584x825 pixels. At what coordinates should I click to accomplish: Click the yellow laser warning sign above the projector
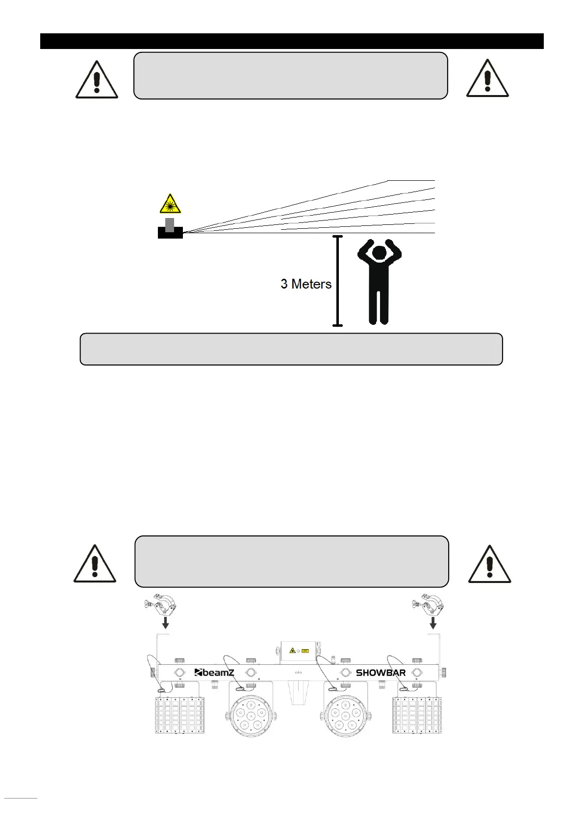point(170,204)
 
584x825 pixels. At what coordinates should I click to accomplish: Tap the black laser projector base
point(170,233)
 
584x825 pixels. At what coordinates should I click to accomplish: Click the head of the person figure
point(380,254)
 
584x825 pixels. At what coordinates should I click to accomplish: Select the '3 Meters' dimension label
point(306,284)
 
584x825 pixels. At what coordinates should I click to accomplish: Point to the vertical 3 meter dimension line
point(337,281)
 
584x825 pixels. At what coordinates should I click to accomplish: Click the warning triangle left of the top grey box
point(97,81)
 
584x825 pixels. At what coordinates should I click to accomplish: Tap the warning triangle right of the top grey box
point(487,79)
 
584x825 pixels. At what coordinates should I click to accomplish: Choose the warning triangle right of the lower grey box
point(489,565)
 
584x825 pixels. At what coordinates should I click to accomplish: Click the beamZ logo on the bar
point(215,673)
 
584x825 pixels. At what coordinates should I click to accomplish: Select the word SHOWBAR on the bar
point(381,673)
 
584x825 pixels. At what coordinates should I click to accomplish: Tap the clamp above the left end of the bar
point(161,606)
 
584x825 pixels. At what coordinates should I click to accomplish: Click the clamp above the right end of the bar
point(428,606)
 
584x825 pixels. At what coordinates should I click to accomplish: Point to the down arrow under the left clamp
point(166,623)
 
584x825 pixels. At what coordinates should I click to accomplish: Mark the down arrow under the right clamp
point(433,623)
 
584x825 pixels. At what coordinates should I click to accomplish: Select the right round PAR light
point(346,716)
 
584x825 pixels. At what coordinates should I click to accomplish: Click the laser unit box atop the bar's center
point(298,651)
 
